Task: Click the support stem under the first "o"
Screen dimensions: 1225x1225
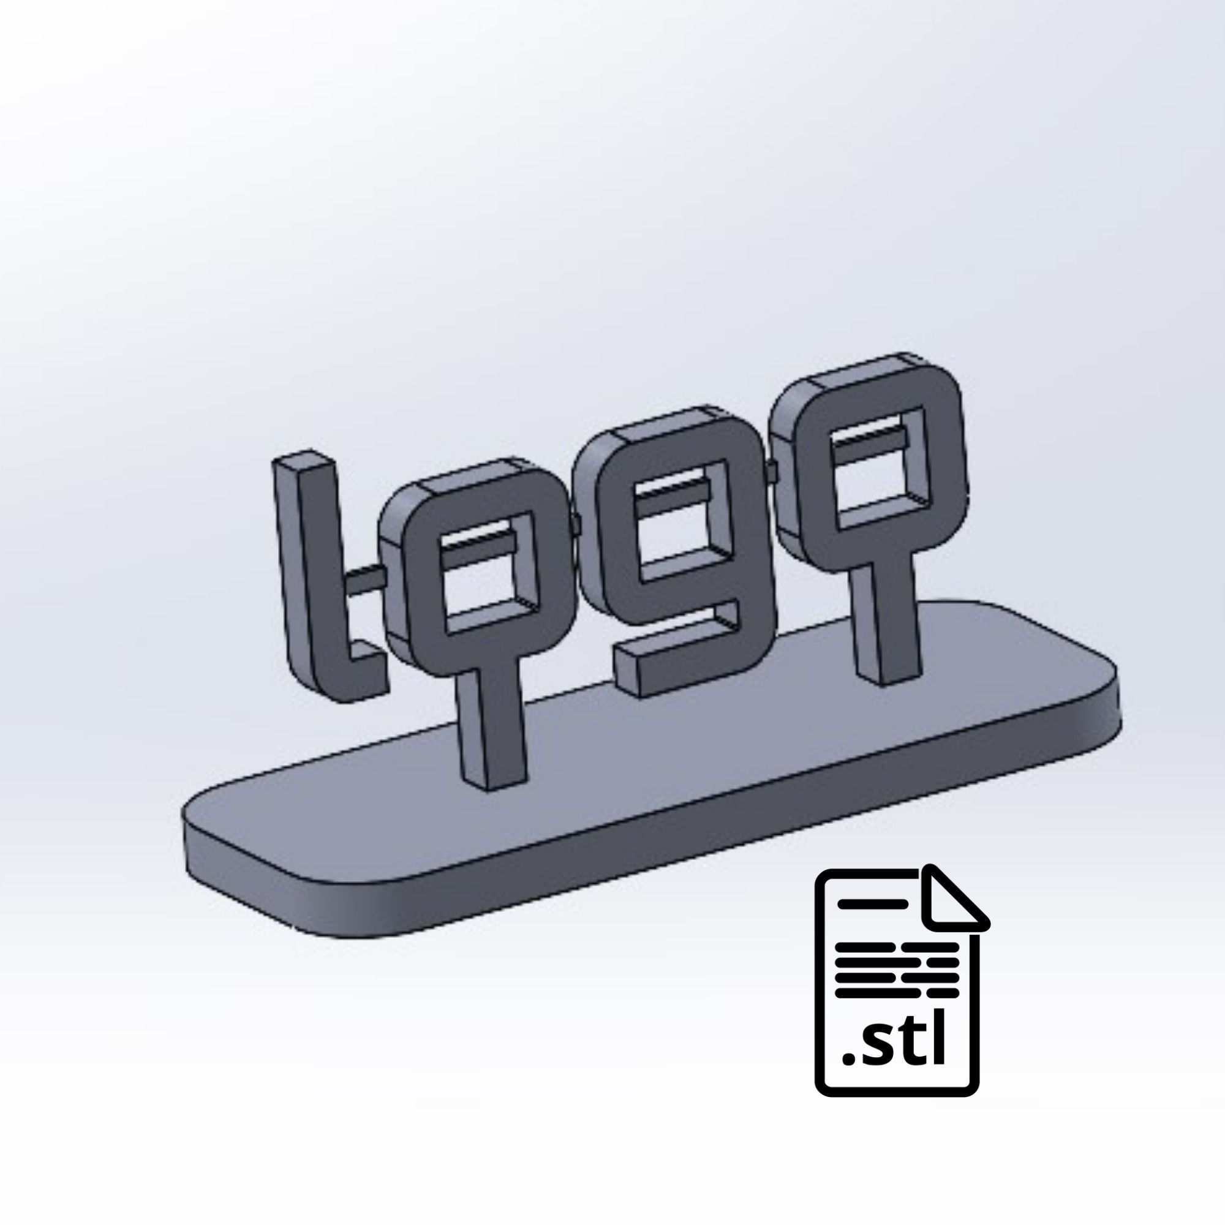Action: [x=493, y=729]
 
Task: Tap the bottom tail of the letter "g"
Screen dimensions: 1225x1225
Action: [x=672, y=660]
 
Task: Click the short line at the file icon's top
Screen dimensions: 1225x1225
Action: [x=870, y=903]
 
